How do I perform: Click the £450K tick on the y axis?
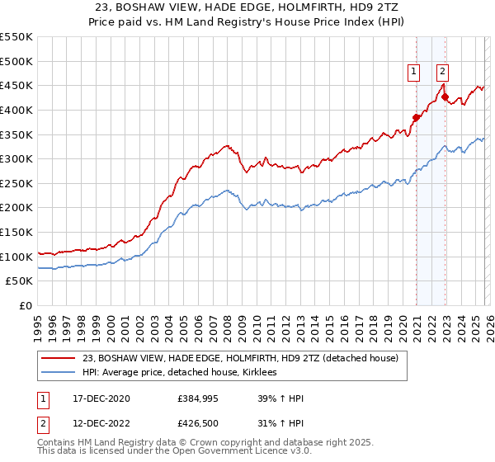tap(16, 85)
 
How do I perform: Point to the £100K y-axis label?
tap(16, 257)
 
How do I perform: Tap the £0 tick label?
tap(26, 305)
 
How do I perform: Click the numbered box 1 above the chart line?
tap(413, 72)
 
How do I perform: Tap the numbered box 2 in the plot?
tap(443, 72)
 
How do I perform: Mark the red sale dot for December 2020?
tap(416, 117)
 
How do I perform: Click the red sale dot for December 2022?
tap(445, 97)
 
